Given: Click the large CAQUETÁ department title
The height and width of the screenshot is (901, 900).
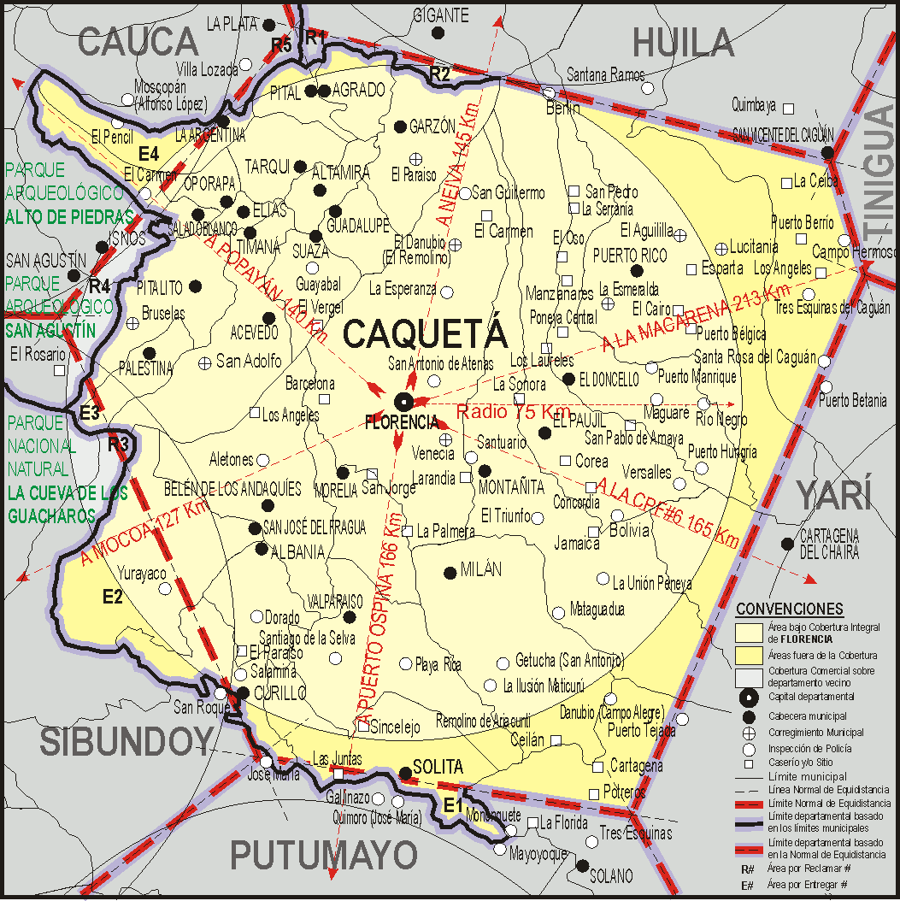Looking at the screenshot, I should [425, 334].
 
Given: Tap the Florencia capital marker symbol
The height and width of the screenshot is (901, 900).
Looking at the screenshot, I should [403, 401].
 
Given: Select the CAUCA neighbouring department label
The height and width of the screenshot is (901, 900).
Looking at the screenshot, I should [138, 41].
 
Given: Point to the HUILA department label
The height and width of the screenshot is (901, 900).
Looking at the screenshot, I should [684, 42].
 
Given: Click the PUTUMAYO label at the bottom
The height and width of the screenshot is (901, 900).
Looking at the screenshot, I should [324, 854].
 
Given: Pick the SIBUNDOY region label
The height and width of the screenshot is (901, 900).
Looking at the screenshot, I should [126, 741].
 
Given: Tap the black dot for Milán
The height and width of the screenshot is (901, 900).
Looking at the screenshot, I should [450, 573].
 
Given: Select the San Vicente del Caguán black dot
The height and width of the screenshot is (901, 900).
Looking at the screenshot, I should [827, 153].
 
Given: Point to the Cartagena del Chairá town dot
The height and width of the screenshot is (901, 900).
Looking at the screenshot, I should [786, 544].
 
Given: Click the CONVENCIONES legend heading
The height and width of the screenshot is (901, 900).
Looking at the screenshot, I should [789, 609].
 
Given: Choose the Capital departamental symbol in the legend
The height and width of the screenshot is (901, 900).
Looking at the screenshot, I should [750, 697].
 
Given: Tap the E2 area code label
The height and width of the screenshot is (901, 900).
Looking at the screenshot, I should [113, 597].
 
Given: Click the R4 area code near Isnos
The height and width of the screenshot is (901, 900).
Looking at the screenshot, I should [99, 285].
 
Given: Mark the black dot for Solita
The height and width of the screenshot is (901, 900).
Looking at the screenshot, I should [405, 774].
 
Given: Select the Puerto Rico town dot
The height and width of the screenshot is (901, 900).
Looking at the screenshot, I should [636, 271].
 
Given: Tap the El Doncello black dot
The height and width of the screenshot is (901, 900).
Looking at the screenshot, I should [569, 378].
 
